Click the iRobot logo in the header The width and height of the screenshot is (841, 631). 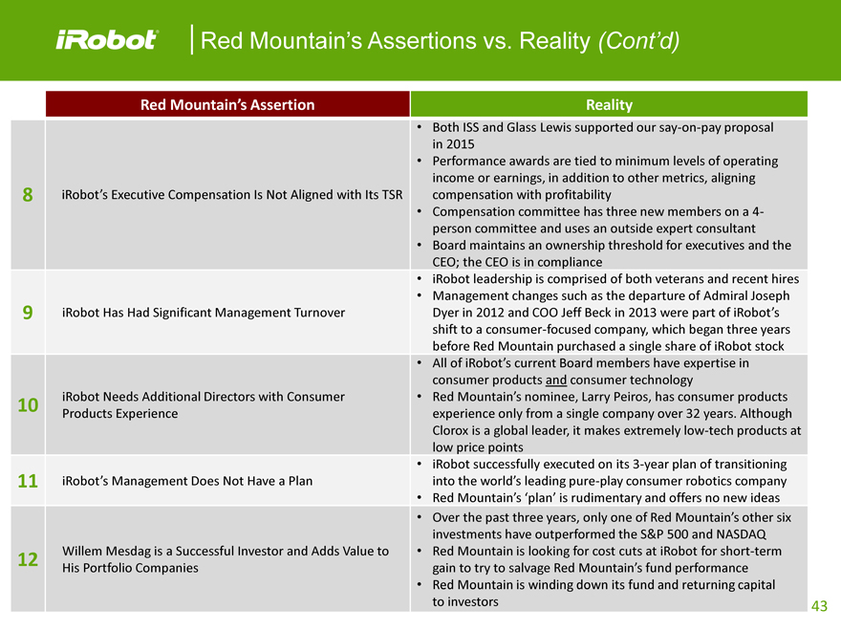pos(106,40)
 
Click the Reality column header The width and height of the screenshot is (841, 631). pos(609,104)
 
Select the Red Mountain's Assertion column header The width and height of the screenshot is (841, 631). pos(227,104)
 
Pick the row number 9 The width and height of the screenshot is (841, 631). pos(27,312)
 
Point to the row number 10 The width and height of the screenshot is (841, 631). pos(27,404)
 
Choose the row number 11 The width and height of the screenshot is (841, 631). pos(27,481)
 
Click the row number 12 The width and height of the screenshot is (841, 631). pos(27,558)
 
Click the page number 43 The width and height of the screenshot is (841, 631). pos(819,606)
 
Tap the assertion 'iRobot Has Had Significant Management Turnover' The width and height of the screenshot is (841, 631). pos(203,312)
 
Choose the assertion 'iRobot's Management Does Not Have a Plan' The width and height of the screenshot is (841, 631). pos(186,481)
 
